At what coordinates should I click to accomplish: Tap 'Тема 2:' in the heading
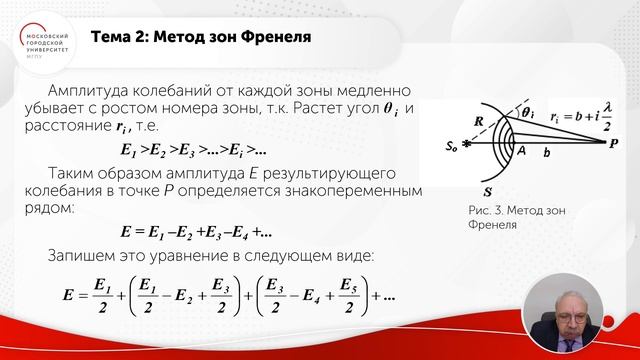(121, 38)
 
